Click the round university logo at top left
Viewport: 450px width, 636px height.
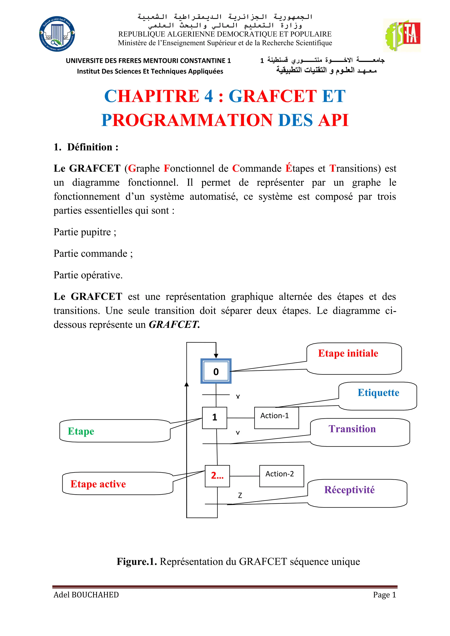[57, 34]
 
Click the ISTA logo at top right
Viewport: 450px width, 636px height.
[402, 35]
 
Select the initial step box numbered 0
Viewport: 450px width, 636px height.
[216, 371]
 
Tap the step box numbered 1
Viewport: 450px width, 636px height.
[214, 417]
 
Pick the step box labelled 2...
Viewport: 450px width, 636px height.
[217, 476]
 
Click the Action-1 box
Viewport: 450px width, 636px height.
[276, 417]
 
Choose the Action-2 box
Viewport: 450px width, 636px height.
[281, 476]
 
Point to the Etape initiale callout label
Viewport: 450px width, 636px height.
[348, 353]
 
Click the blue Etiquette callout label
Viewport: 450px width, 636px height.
[378, 393]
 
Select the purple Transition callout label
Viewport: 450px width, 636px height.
[352, 429]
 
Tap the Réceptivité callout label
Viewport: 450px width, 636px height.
[349, 490]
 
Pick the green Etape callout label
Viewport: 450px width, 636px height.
[81, 431]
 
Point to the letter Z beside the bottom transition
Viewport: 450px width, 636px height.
[240, 495]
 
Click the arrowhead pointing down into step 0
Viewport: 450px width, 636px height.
[216, 356]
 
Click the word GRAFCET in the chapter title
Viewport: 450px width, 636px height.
[272, 96]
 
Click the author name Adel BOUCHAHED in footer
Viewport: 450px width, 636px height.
[86, 595]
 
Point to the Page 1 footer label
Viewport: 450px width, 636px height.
[384, 595]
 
